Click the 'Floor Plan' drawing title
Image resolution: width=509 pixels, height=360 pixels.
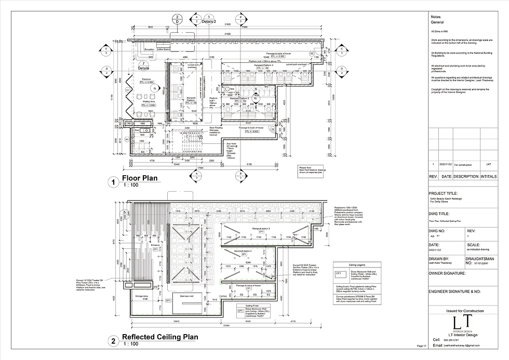point(139,179)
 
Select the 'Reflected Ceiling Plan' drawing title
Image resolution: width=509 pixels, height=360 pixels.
point(159,337)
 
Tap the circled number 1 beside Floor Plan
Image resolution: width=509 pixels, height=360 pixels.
point(112,182)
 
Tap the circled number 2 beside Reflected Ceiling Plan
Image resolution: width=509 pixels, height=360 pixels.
point(112,341)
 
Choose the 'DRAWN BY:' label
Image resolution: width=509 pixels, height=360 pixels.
point(438,257)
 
